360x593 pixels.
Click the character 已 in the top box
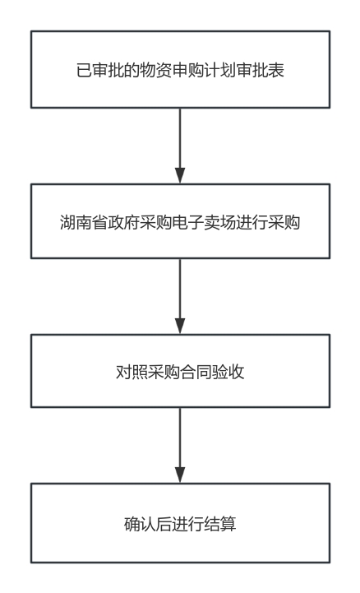point(84,71)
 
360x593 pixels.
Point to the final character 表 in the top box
point(276,71)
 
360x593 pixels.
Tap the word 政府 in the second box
point(124,222)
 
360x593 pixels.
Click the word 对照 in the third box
point(132,372)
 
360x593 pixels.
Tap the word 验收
point(228,372)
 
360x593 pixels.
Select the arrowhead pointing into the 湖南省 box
point(180,175)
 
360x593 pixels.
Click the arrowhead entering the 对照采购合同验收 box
point(180,326)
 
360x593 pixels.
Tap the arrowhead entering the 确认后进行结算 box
point(180,475)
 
